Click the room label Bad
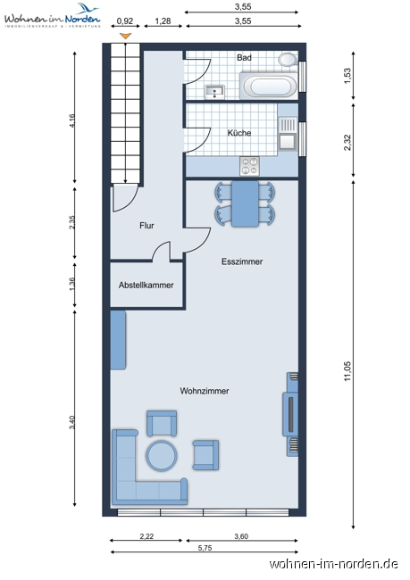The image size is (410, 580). (244, 58)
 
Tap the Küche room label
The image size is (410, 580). (239, 133)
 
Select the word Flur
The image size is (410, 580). (146, 226)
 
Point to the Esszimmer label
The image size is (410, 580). (243, 262)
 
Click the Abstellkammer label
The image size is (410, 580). (146, 286)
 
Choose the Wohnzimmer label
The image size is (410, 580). (205, 391)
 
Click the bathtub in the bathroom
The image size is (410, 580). (270, 87)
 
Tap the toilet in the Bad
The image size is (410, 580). (288, 60)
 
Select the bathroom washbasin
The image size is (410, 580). (214, 91)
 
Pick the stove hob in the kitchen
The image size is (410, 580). (249, 165)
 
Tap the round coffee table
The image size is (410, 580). (163, 455)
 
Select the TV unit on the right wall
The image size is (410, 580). (290, 415)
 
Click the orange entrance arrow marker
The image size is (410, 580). (126, 36)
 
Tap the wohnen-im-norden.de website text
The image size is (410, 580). (333, 564)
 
